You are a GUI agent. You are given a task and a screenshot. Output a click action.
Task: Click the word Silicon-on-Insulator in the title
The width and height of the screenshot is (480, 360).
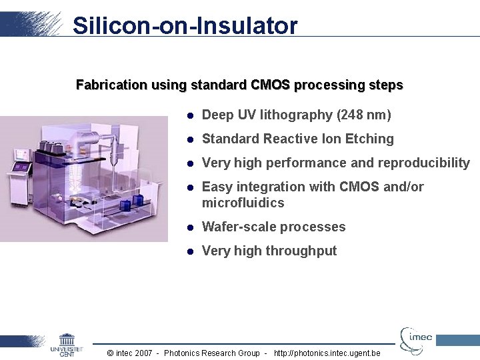(185, 25)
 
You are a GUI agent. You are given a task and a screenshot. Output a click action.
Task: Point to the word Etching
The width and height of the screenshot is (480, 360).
(370, 139)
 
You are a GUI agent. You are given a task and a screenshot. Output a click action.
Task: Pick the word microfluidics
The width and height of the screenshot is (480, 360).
(243, 203)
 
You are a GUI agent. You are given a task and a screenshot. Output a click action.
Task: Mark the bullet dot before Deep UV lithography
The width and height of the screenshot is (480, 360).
(190, 115)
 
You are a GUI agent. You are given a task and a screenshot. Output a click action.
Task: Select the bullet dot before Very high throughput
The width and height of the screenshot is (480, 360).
(190, 251)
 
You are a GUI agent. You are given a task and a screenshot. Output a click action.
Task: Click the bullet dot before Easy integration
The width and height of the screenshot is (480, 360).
(190, 187)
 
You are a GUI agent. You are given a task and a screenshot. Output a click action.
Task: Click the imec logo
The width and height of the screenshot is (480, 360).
(416, 338)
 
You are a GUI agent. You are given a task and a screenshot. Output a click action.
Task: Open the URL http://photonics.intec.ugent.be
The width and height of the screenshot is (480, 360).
(327, 353)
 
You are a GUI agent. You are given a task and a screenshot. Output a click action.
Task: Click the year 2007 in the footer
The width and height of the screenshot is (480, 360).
(145, 353)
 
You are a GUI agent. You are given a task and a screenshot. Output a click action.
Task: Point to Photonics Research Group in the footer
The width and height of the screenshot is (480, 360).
(211, 353)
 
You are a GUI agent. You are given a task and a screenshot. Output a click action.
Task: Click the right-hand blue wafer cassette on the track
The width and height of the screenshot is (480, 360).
(138, 199)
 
